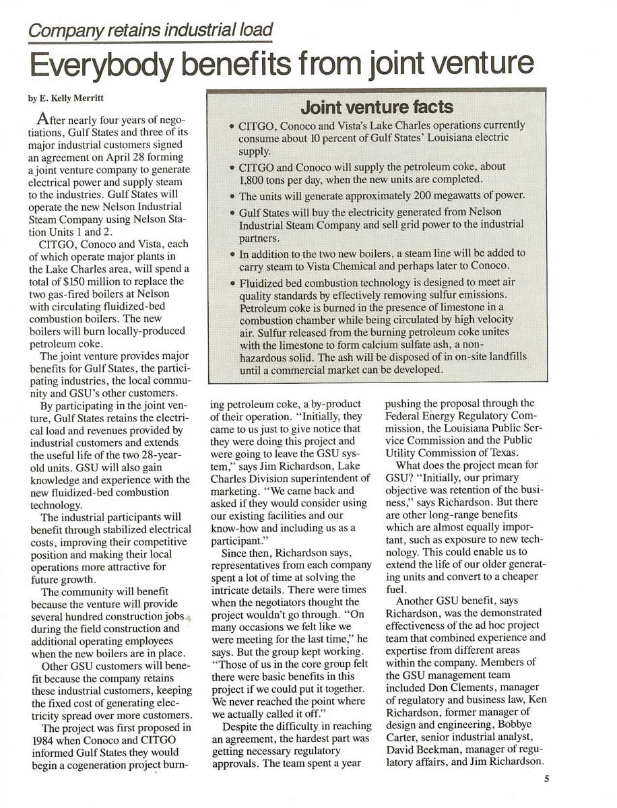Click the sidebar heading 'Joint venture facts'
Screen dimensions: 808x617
click(377, 107)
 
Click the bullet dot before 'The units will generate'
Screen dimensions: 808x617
click(231, 197)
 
